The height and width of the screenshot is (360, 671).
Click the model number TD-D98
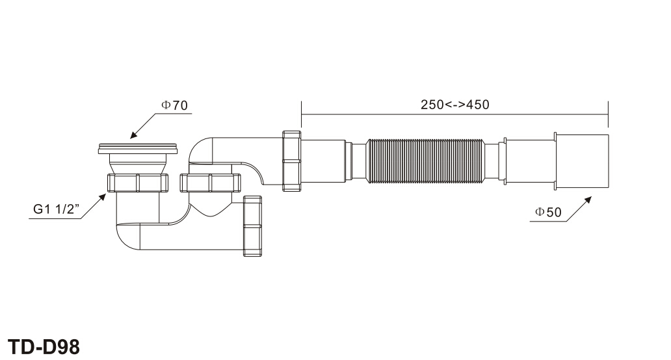coord(44,347)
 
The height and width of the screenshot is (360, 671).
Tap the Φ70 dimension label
coord(174,105)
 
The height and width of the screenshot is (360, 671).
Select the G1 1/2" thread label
coord(57,209)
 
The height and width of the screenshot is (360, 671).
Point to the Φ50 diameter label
coord(548,212)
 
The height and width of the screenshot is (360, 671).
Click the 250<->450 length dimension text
coord(455,105)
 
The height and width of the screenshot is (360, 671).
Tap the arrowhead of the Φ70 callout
coord(134,135)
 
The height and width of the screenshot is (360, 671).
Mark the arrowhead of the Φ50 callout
coord(588,200)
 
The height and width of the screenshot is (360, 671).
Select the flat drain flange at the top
coord(138,149)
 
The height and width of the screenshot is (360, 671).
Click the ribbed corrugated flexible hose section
coord(425,161)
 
